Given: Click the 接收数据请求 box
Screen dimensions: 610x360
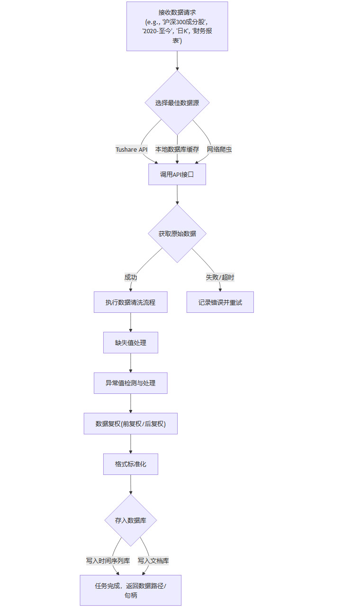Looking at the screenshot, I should [177, 26].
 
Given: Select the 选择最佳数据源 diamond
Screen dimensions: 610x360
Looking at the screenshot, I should [177, 102].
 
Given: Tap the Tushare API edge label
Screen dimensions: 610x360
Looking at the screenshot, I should [132, 149].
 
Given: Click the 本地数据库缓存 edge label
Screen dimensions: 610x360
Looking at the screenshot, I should [177, 149].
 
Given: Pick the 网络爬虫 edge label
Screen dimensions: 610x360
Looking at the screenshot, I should [219, 149].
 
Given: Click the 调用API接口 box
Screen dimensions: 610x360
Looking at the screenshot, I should [177, 174].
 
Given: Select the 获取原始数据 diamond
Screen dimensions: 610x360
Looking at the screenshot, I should [177, 233].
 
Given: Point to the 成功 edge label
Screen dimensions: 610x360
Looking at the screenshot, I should [131, 277].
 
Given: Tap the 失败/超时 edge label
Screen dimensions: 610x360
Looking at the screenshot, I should [220, 277].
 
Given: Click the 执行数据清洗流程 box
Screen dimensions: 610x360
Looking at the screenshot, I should [131, 302].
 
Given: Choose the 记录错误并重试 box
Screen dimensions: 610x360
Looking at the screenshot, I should [220, 302].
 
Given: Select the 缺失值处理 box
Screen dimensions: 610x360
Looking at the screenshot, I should [131, 343].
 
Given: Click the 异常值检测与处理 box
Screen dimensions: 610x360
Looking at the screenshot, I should [131, 383].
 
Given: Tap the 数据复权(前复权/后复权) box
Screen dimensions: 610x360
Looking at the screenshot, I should [131, 424].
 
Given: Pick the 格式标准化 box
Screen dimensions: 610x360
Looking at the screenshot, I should [131, 464].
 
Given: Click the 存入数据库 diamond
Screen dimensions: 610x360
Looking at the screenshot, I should [131, 520].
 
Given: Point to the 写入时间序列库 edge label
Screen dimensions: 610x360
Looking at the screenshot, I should [108, 561].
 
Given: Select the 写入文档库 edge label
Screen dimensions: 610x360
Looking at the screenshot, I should [153, 561].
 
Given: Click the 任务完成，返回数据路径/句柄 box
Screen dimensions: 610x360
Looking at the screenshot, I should [131, 590].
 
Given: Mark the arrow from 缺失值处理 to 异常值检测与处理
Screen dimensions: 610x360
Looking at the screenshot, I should [131, 363].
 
